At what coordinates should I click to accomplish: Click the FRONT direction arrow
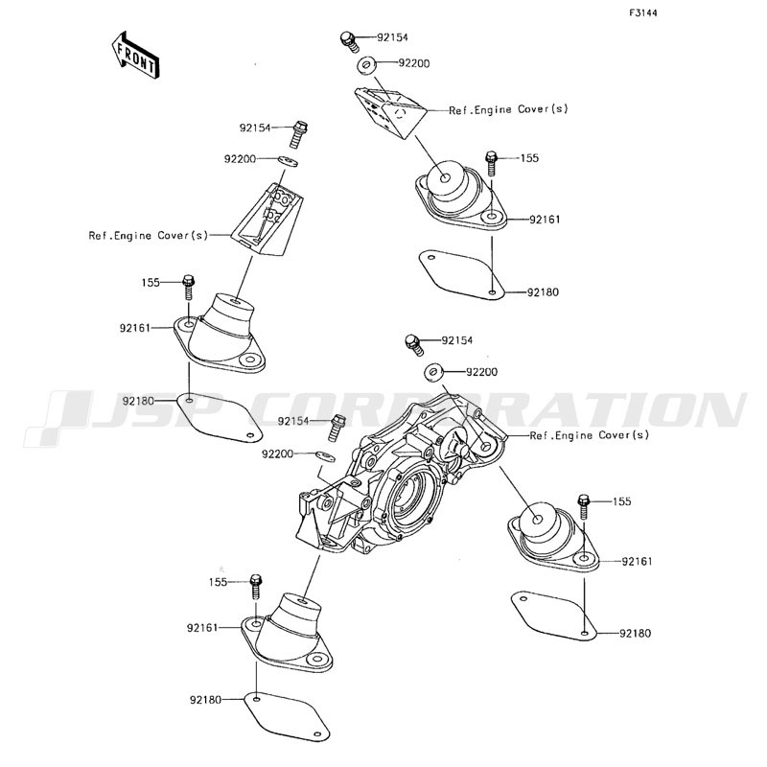tap(134, 55)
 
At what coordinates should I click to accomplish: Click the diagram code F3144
tap(642, 13)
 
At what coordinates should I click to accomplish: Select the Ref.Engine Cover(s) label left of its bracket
tap(149, 235)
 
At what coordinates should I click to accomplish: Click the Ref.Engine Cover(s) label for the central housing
tap(590, 435)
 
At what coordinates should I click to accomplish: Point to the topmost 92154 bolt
tap(349, 41)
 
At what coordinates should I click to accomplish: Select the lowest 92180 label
tap(205, 700)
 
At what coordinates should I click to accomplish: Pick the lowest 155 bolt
tap(256, 587)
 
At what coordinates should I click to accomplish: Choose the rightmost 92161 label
tap(637, 561)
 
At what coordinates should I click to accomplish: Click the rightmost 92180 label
tap(636, 634)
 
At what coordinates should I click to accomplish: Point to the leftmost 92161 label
tap(135, 328)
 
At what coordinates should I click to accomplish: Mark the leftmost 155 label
tap(151, 282)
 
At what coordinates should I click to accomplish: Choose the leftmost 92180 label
tap(138, 401)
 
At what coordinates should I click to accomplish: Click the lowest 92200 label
tap(277, 453)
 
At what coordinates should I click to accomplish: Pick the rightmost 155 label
tap(621, 501)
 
